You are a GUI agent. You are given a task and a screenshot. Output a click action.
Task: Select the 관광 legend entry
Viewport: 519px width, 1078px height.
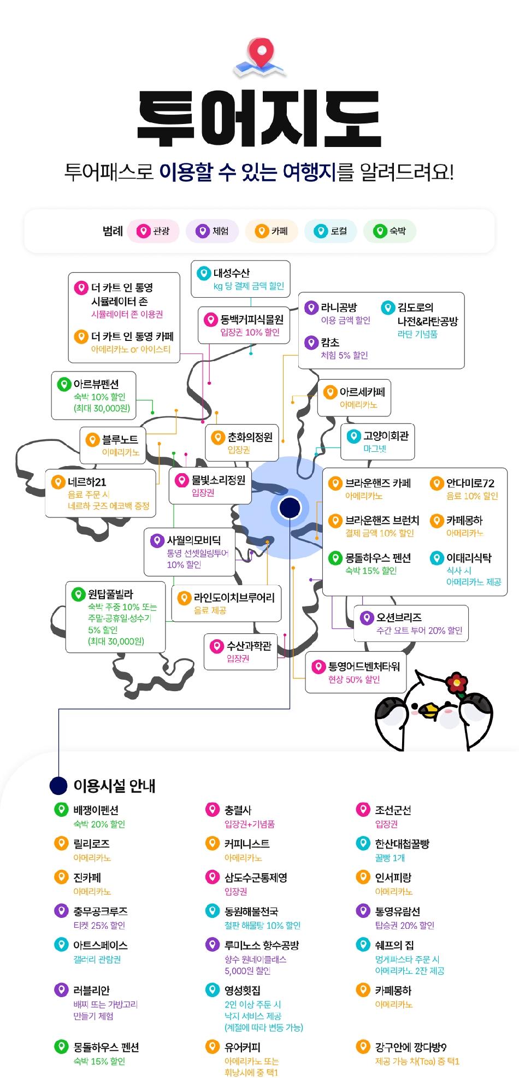[154, 231]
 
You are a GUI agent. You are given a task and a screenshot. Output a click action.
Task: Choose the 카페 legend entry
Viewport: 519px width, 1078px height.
[272, 231]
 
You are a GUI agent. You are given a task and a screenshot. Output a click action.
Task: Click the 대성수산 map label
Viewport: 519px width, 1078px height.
[232, 273]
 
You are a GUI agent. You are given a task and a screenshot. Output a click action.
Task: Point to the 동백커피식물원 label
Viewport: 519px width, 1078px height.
[252, 320]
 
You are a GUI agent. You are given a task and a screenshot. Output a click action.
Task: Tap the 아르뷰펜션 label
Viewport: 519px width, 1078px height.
[96, 384]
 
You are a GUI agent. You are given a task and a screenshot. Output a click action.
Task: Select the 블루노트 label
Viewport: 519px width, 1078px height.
[120, 440]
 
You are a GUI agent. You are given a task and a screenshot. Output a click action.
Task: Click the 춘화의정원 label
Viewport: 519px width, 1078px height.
[250, 438]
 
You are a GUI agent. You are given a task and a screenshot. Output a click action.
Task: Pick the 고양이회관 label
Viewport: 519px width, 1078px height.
[386, 436]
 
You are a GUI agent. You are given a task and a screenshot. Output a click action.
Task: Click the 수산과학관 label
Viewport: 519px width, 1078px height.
[249, 646]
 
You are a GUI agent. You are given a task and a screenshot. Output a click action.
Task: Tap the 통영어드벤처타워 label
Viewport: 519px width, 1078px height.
[364, 667]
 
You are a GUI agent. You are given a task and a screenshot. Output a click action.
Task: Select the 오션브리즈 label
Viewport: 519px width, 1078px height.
[399, 617]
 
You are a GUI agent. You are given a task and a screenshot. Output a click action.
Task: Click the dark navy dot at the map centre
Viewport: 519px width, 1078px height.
[290, 508]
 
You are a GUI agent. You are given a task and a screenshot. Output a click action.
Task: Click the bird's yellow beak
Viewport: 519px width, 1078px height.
[428, 711]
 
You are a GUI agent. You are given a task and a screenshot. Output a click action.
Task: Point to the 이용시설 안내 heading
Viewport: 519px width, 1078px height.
[115, 786]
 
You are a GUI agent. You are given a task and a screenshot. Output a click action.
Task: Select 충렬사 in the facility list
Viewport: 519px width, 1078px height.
[238, 810]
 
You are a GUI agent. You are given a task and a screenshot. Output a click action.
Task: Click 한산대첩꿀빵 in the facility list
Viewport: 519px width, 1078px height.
[402, 844]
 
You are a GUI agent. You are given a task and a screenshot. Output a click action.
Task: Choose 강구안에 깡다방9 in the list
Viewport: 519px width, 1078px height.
[410, 1047]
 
